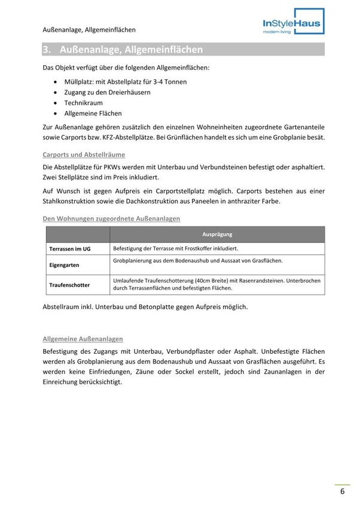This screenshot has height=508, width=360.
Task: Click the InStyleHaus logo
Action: pyautogui.click(x=293, y=23)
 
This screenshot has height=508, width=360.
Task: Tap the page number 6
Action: pyautogui.click(x=342, y=492)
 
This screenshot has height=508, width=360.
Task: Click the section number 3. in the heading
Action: pyautogui.click(x=47, y=50)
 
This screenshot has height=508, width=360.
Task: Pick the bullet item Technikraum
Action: pyautogui.click(x=84, y=103)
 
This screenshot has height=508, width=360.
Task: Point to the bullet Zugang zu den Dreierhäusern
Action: pyautogui.click(x=107, y=92)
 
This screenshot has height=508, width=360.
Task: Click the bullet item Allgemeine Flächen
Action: pyautogui.click(x=93, y=114)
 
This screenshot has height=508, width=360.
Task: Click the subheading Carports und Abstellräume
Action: pyautogui.click(x=84, y=155)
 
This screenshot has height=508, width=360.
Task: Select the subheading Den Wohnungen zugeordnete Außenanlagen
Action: pyautogui.click(x=111, y=219)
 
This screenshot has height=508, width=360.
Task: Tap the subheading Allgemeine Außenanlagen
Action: pyautogui.click(x=83, y=339)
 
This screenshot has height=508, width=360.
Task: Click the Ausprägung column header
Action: pyautogui.click(x=216, y=234)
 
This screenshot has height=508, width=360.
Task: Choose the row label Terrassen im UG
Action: pyautogui.click(x=70, y=249)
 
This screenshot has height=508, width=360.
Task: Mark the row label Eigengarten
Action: pyautogui.click(x=64, y=264)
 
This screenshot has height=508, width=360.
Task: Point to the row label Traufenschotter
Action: pyautogui.click(x=69, y=285)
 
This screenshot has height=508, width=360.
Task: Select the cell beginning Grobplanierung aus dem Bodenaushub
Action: pyautogui.click(x=197, y=261)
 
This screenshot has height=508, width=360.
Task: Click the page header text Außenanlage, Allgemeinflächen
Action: pyautogui.click(x=89, y=29)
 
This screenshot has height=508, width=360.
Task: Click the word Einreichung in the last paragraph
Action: pyautogui.click(x=63, y=382)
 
